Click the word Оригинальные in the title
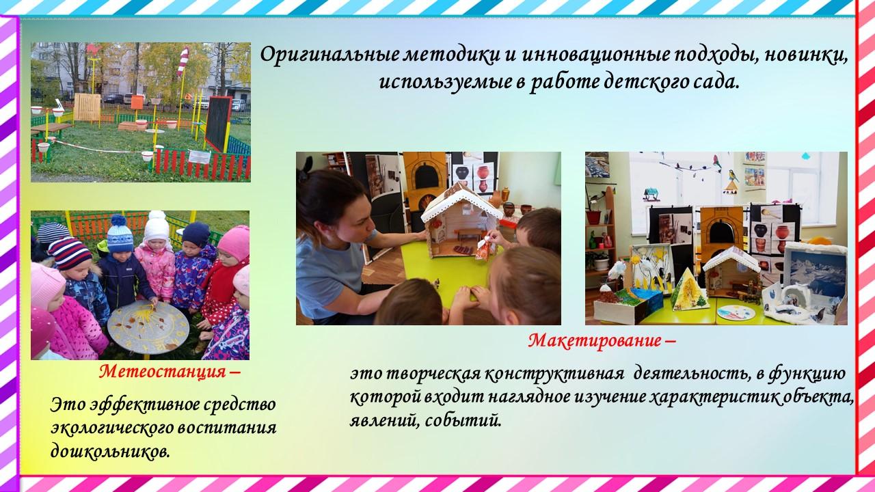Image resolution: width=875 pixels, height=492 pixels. pos(329,55)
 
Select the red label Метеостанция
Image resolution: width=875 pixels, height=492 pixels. pos(163,372)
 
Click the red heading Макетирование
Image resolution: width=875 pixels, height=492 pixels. pos(595,341)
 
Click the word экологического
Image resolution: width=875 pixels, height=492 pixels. pos(111,428)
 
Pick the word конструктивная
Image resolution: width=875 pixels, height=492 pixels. pos(554,373)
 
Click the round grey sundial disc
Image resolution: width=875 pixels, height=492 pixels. pos(148,327)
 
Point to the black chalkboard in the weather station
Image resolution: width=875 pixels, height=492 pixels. pos(218,122)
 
